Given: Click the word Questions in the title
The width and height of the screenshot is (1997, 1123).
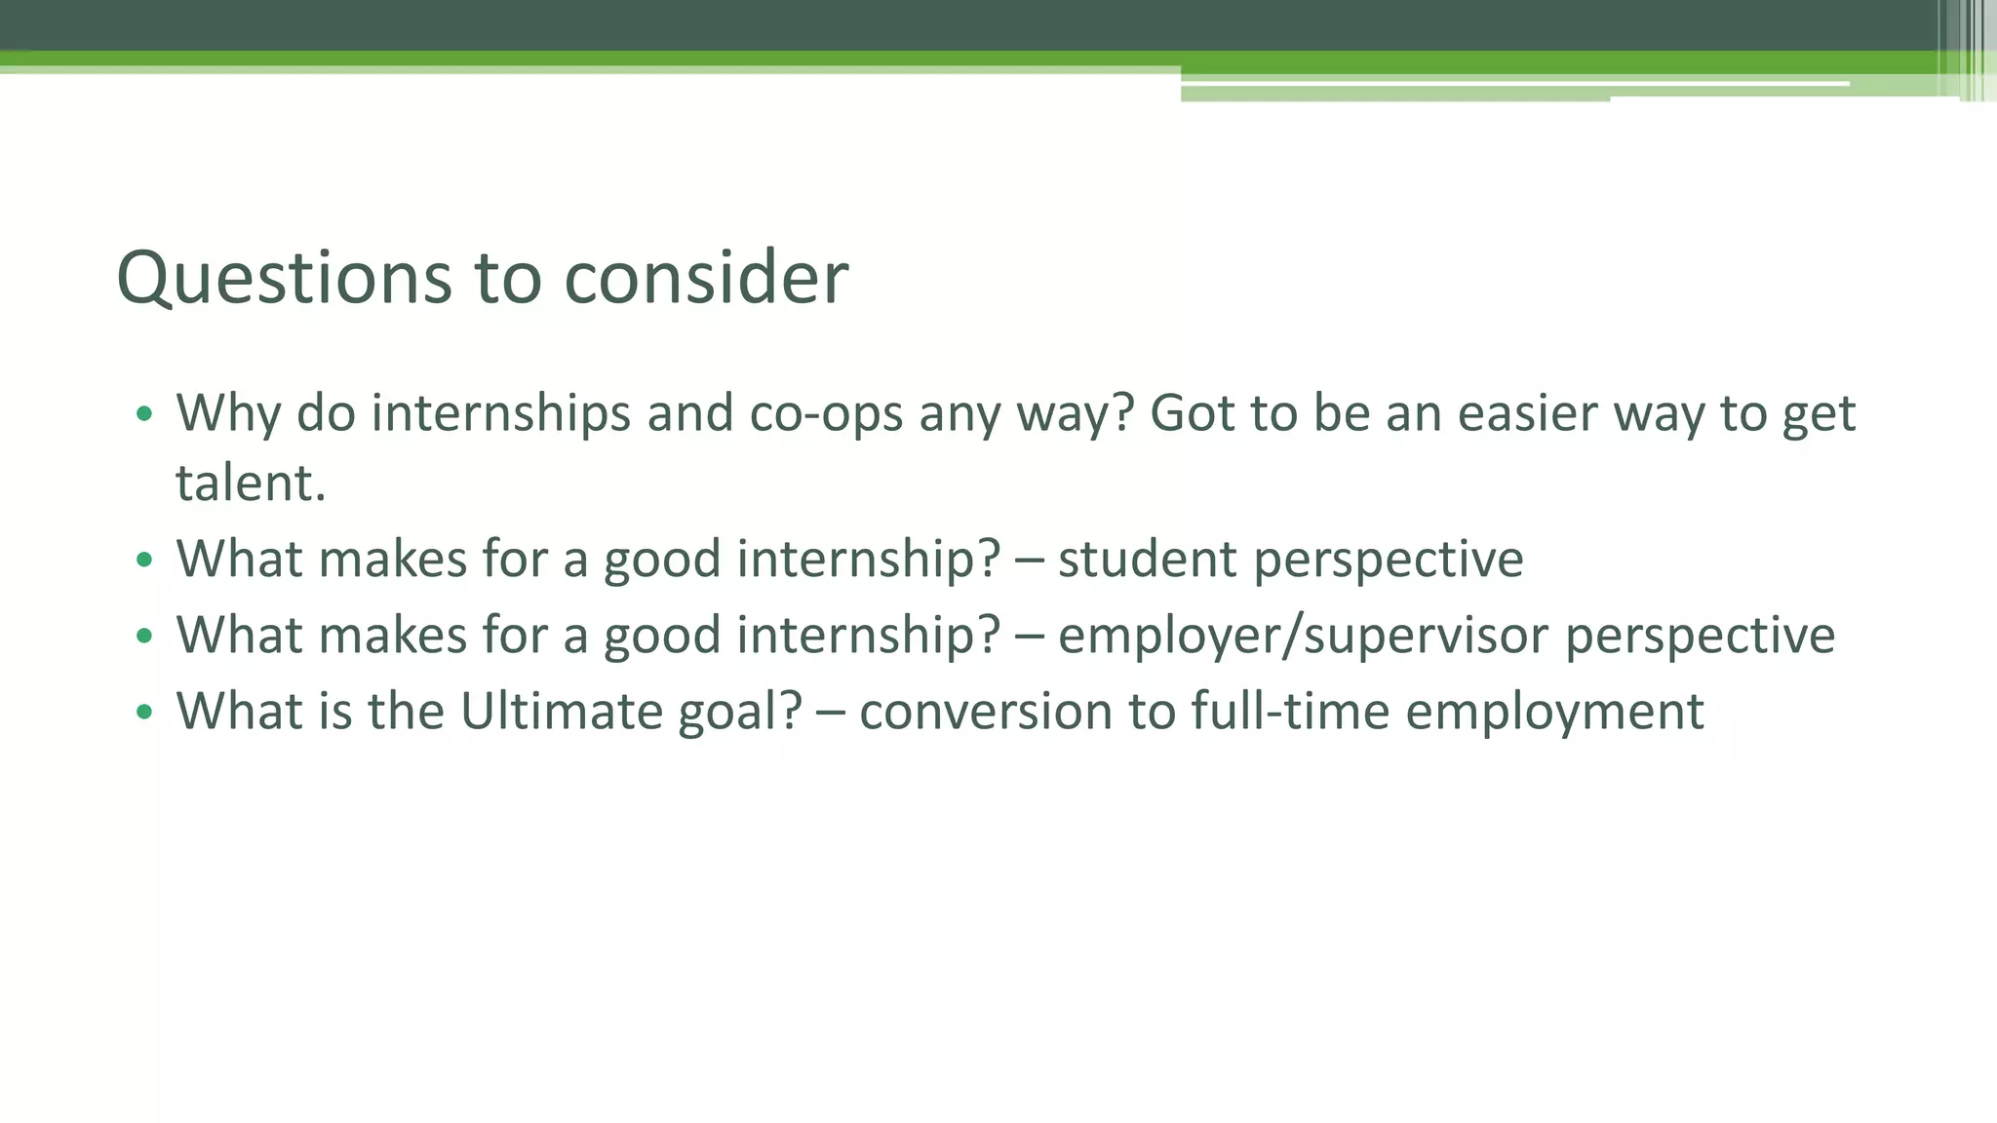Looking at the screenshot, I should (284, 279).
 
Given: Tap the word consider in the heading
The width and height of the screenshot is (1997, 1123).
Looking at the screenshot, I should (706, 279).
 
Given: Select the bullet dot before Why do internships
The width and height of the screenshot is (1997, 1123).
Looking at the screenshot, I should (144, 414).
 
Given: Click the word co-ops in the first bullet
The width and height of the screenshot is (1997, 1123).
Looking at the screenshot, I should (826, 414).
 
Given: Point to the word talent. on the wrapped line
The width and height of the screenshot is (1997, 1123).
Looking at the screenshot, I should (251, 484).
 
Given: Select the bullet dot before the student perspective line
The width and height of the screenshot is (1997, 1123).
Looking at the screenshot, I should (144, 561).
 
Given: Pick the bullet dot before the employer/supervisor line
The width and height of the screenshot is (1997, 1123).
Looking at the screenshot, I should (144, 637).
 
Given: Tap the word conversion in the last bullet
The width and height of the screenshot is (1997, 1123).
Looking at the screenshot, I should (985, 712).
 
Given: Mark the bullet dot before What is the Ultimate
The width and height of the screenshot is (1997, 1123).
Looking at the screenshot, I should (144, 713).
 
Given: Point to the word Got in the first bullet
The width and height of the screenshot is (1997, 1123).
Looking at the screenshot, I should (1192, 414).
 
